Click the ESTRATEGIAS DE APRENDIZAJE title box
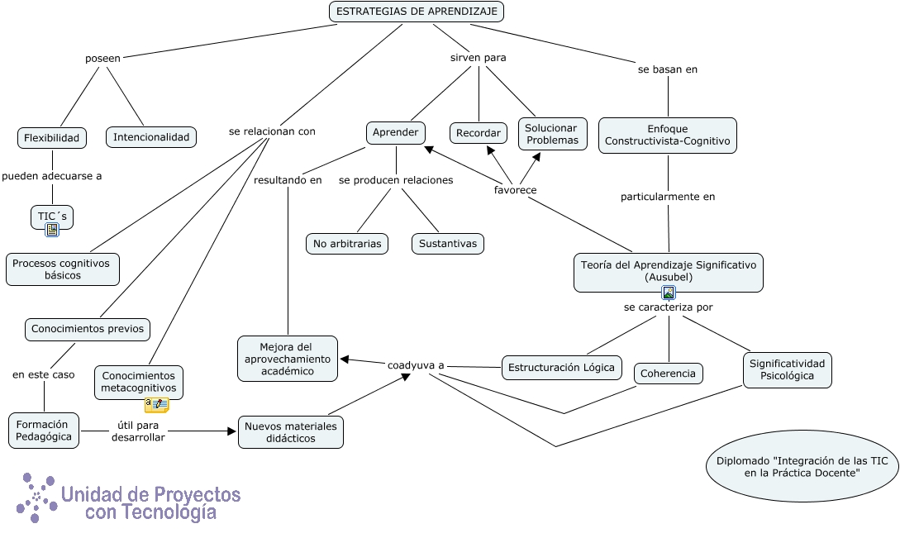417,12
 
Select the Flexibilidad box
51,138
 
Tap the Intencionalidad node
151,137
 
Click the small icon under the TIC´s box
52,230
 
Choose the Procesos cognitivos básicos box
63,269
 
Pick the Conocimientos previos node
88,329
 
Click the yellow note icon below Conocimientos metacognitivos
157,405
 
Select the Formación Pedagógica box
44,431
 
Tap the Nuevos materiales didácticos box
290,432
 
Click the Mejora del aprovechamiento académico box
288,359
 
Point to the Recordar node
479,133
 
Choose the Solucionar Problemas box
552,135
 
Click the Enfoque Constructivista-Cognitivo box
667,136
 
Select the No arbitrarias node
347,244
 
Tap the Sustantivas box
448,244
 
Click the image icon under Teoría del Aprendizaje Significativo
669,293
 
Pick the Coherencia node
669,374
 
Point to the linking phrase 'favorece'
515,190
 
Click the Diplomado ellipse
802,467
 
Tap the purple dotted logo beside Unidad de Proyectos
36,498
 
